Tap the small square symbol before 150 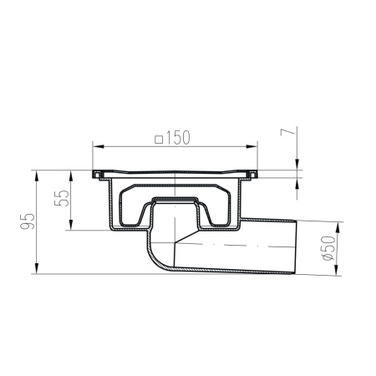(159, 139)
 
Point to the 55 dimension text (62, 198)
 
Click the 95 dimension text (28, 221)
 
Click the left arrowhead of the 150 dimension (98, 146)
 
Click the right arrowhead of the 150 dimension (252, 146)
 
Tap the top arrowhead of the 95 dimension (37, 176)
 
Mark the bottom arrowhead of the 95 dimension (37, 268)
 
